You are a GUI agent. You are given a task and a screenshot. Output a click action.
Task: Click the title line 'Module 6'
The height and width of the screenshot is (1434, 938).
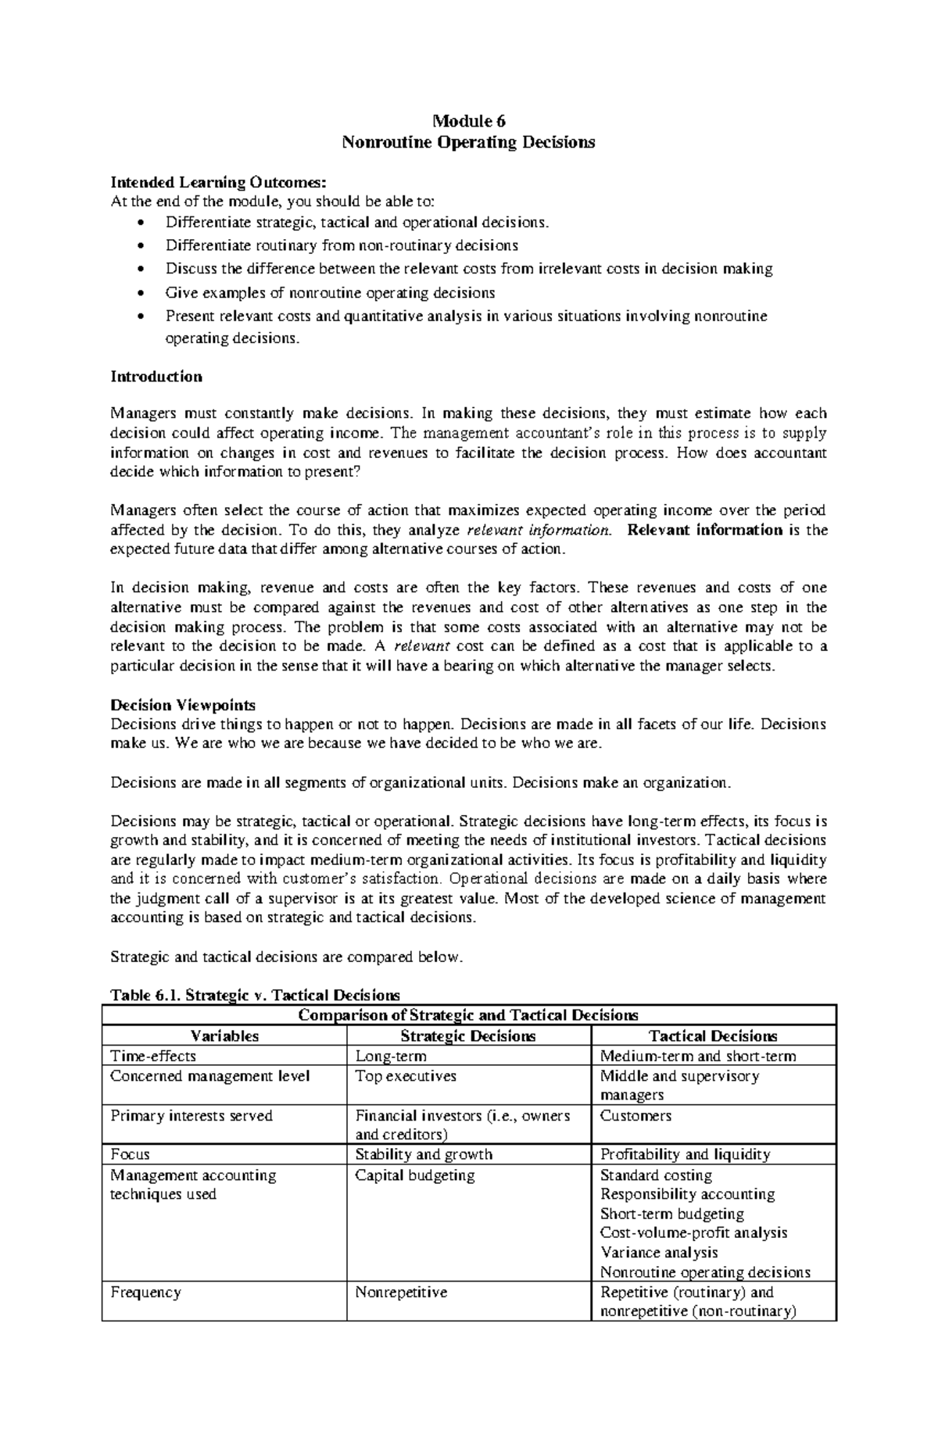469,121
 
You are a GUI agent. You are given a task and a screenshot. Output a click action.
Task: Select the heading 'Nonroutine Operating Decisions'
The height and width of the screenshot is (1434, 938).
469,142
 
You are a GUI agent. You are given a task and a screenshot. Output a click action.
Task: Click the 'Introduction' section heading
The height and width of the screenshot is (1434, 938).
156,377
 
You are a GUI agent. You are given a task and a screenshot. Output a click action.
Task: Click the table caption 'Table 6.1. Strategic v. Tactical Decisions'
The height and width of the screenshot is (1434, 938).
255,995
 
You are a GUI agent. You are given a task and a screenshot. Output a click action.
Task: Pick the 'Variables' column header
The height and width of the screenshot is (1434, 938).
224,1036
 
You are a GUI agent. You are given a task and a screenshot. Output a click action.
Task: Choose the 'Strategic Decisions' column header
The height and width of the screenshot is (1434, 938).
467,1036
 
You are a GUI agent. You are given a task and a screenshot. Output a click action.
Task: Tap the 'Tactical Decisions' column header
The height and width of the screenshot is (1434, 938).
713,1036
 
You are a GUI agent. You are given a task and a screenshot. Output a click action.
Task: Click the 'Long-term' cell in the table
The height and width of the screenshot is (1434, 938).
391,1057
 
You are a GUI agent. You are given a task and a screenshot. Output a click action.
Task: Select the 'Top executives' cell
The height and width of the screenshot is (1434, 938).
405,1076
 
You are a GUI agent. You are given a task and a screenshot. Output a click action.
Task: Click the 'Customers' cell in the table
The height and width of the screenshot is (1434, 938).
635,1116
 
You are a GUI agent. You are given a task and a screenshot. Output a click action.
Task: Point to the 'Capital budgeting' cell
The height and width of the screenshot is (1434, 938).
414,1175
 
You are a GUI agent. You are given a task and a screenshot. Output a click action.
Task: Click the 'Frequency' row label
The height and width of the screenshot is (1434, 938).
145,1293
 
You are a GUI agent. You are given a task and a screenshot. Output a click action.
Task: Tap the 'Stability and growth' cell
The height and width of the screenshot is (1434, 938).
424,1154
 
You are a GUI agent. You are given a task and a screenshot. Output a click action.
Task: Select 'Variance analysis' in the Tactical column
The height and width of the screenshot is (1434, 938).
658,1253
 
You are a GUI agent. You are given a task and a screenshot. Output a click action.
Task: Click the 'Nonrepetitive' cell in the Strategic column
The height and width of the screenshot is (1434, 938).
401,1293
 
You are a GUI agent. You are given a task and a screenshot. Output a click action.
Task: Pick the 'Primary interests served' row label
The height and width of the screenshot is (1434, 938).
192,1116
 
